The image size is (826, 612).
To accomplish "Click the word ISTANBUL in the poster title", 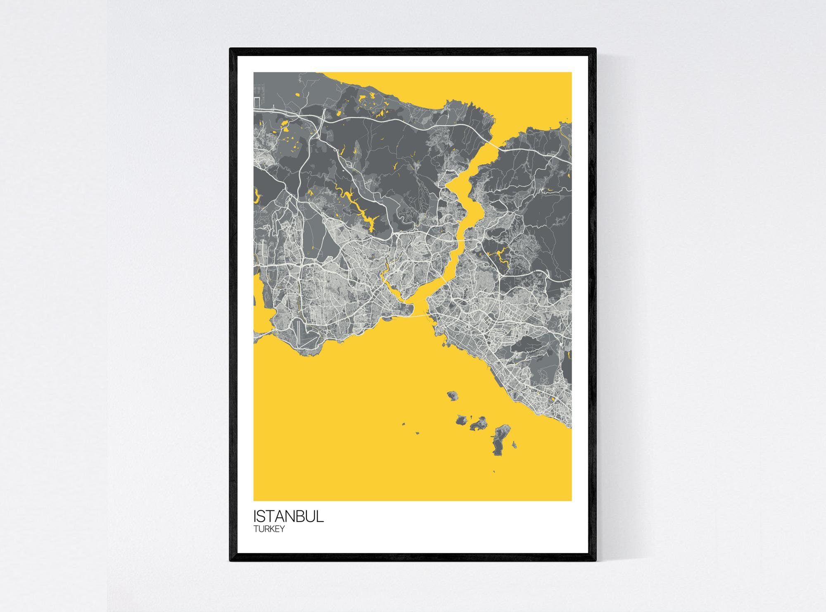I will click(x=288, y=517).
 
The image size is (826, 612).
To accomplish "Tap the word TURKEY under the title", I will click(x=269, y=529).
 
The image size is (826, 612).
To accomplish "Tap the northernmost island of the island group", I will click(x=453, y=396).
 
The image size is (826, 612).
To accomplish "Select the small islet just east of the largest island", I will click(x=514, y=445).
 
